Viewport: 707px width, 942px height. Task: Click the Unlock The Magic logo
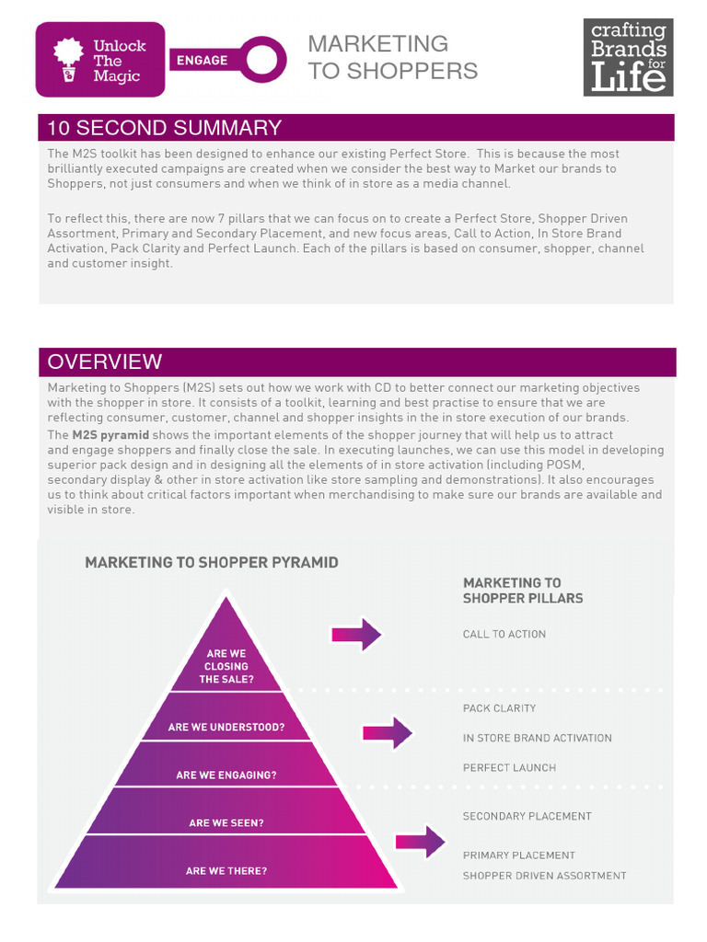point(100,60)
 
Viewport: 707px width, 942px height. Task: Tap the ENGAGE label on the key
point(202,60)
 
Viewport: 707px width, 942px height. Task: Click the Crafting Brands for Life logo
point(628,57)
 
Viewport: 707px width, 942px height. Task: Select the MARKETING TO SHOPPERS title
point(392,57)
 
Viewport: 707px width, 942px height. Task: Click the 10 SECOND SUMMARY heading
point(165,128)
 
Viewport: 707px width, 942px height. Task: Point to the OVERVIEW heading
point(104,362)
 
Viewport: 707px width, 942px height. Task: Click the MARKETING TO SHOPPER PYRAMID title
point(211,562)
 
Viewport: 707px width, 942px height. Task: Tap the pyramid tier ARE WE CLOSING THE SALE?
point(226,667)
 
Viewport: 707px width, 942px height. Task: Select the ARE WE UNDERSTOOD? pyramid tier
point(226,727)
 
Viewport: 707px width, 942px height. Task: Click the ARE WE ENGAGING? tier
point(226,775)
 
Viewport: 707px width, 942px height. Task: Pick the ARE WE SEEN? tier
point(226,823)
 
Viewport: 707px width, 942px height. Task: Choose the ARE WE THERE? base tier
point(226,870)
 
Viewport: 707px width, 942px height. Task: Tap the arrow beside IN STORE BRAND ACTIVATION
point(388,733)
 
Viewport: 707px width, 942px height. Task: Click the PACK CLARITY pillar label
point(499,708)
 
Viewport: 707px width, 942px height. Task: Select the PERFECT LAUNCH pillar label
point(509,767)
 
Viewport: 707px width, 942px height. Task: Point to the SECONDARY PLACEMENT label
point(527,816)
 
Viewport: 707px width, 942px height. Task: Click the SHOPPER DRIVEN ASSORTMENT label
point(544,876)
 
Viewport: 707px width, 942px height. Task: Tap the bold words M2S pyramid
point(110,435)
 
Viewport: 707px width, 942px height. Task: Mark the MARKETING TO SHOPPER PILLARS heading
point(522,591)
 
